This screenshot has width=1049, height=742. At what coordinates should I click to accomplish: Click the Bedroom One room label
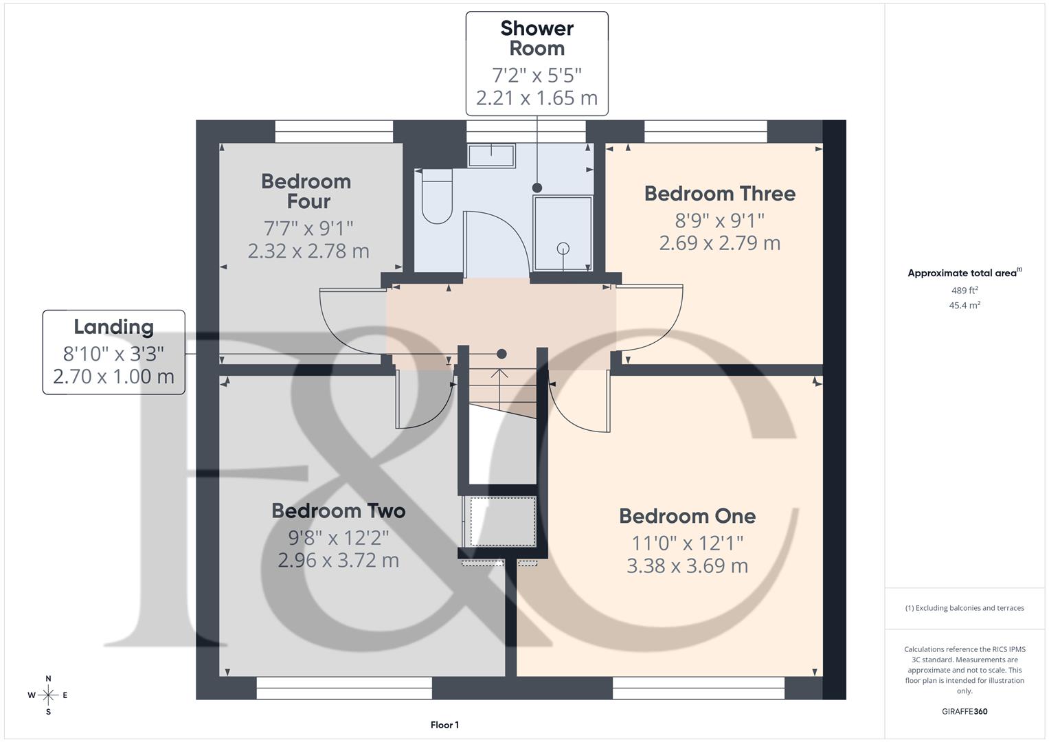click(687, 516)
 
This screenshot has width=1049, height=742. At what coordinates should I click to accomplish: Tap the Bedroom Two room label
click(338, 510)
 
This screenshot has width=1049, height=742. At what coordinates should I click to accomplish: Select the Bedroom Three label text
click(719, 194)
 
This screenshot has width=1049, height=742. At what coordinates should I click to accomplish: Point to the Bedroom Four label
click(306, 191)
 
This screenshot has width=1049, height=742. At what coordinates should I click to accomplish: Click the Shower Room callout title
click(537, 38)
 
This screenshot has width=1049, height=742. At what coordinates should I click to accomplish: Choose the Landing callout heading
click(113, 327)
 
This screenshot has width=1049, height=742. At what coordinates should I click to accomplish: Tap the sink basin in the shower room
click(491, 155)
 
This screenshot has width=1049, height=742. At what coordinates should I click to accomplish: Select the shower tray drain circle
click(563, 249)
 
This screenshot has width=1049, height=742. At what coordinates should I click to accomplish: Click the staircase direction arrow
click(499, 374)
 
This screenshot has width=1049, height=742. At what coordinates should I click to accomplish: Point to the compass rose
click(48, 695)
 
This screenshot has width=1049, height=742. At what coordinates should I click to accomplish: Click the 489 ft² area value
click(965, 291)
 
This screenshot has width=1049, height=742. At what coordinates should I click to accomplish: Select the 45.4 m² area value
click(965, 305)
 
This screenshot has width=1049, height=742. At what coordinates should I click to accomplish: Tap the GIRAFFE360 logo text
click(965, 711)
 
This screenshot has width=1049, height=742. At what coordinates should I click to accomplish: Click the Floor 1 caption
click(444, 725)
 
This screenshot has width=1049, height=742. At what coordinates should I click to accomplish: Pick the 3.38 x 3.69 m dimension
click(687, 566)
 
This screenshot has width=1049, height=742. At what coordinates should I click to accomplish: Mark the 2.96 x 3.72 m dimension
click(338, 561)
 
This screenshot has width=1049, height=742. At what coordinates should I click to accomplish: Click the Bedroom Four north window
click(334, 131)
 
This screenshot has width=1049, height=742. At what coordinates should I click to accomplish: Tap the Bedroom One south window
click(698, 688)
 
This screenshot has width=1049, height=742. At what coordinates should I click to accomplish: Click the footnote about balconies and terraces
click(965, 608)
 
